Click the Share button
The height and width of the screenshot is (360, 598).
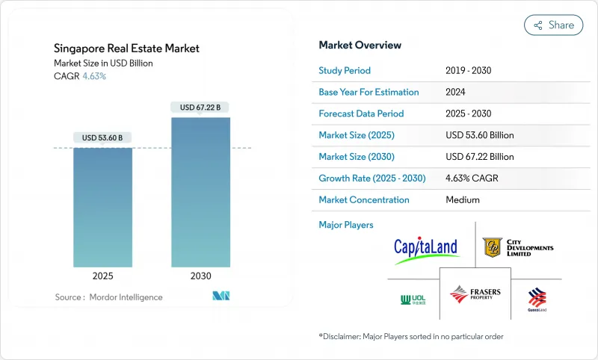click(x=553, y=25)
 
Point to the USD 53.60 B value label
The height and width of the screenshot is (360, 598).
click(x=102, y=137)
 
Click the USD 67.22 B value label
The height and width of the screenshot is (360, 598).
click(x=200, y=108)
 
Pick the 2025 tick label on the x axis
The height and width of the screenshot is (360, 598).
click(x=102, y=276)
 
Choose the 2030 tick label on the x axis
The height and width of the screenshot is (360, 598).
click(x=200, y=276)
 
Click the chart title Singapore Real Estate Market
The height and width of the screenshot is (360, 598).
click(x=126, y=49)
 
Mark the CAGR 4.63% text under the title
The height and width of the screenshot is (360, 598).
click(x=80, y=76)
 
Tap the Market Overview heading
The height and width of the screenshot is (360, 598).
click(x=360, y=46)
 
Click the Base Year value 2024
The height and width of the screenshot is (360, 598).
click(x=456, y=92)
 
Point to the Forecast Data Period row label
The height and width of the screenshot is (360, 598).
click(x=361, y=114)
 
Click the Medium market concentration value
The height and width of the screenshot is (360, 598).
click(x=462, y=200)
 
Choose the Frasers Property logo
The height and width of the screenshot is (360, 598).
click(x=475, y=294)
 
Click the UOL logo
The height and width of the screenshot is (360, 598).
click(x=413, y=300)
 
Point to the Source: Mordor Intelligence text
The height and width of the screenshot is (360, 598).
click(x=108, y=297)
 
